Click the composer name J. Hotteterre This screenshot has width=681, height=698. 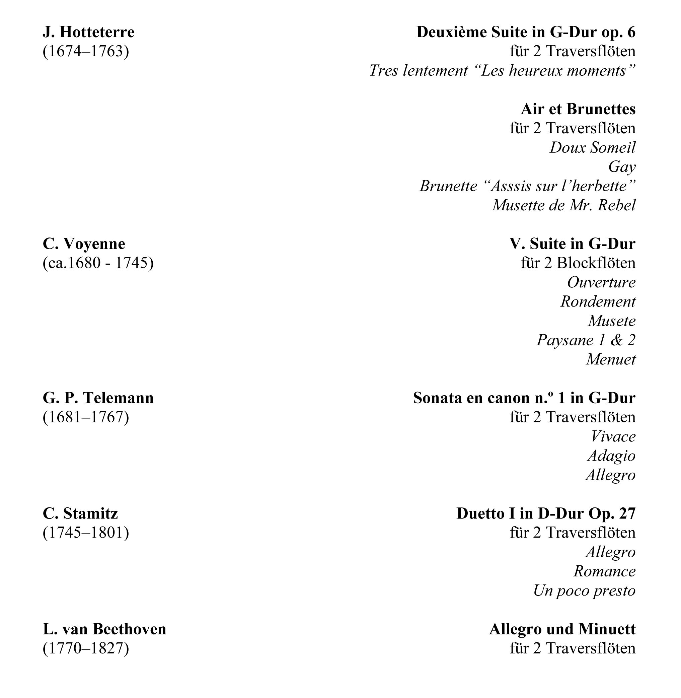pos(88,32)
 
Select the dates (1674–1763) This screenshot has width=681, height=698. pos(85,51)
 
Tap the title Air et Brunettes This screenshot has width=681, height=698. pos(578,109)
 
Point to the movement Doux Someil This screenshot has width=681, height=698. pos(592,147)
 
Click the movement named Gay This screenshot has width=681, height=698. pos(622,167)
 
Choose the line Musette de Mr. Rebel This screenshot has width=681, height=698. pos(564,205)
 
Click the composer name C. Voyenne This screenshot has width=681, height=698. pos(84,244)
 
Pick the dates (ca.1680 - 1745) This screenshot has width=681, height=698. pos(98,263)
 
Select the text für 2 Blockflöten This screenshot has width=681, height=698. pos(578,263)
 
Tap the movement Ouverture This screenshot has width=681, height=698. pos(601,282)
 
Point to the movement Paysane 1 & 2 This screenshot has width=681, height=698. pos(586,340)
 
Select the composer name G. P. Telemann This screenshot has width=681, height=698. pos(98,398)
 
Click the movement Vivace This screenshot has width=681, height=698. pos(613,436)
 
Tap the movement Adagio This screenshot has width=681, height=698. pos(611,456)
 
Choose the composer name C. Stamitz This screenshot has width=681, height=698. pos(80,514)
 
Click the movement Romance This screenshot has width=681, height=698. pos(604,571)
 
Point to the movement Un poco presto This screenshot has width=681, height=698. pos(584,591)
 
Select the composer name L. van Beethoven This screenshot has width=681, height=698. pos(104,629)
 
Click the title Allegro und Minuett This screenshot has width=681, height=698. pos(562,629)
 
